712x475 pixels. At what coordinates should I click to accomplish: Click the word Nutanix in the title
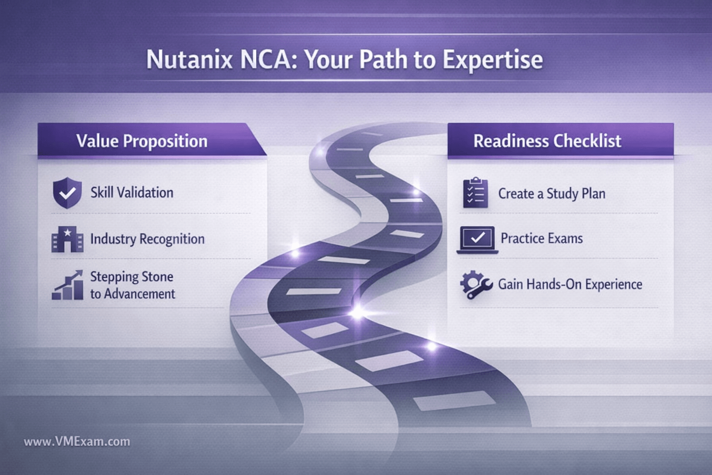pyautogui.click(x=190, y=59)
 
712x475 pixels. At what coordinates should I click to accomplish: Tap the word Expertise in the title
pyautogui.click(x=493, y=60)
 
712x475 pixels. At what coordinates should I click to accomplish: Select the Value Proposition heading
pyautogui.click(x=142, y=141)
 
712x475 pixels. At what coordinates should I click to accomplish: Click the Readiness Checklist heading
pyautogui.click(x=547, y=141)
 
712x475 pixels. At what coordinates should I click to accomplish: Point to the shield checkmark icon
pyautogui.click(x=67, y=193)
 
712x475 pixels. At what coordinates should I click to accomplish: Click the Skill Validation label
pyautogui.click(x=132, y=193)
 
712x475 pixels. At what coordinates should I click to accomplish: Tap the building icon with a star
pyautogui.click(x=67, y=239)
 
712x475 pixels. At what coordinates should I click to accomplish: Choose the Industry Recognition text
pyautogui.click(x=147, y=239)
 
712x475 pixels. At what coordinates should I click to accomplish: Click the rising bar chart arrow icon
pyautogui.click(x=67, y=285)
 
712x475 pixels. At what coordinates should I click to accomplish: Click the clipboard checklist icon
pyautogui.click(x=476, y=193)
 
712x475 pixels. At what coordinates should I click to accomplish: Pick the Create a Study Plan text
pyautogui.click(x=552, y=194)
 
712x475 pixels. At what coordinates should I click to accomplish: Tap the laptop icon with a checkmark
pyautogui.click(x=477, y=240)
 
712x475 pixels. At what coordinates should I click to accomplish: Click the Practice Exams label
pyautogui.click(x=542, y=238)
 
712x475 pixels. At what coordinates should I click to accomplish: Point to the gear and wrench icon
pyautogui.click(x=476, y=285)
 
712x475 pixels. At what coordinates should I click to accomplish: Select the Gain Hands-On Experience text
pyautogui.click(x=570, y=284)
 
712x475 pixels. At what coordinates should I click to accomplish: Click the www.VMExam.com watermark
pyautogui.click(x=77, y=442)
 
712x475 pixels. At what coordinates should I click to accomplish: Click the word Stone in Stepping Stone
pyautogui.click(x=158, y=277)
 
